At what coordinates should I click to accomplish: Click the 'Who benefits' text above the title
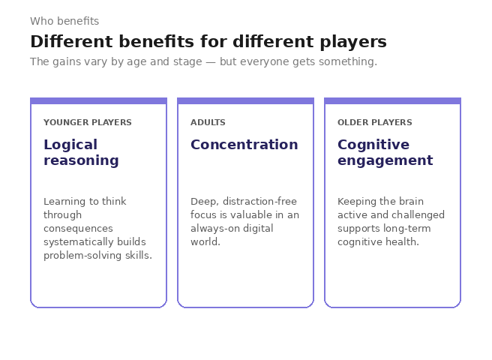click(x=64, y=22)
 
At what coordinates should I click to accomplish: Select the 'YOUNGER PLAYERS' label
click(x=88, y=122)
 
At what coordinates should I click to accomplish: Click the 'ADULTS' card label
click(x=208, y=122)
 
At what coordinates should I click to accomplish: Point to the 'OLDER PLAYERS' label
click(x=374, y=122)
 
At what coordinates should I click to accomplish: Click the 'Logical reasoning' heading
click(x=81, y=152)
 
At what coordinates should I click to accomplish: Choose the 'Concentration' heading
click(x=244, y=145)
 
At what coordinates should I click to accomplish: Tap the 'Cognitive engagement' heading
click(x=385, y=152)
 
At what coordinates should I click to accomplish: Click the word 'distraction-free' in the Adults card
click(x=259, y=202)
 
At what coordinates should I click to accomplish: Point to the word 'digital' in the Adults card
click(x=258, y=229)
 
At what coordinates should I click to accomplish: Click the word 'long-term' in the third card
click(x=411, y=229)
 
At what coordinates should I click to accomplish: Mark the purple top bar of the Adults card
click(x=245, y=100)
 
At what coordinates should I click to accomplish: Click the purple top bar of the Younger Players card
click(x=98, y=100)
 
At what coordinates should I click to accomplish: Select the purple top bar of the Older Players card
click(x=392, y=100)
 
